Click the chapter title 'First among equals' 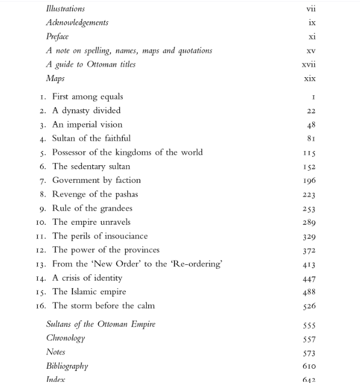(x=88, y=97)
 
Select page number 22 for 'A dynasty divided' (x=311, y=111)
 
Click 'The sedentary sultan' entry (x=91, y=166)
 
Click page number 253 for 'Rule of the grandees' (x=309, y=209)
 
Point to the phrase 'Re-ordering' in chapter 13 (x=198, y=264)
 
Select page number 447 (x=309, y=278)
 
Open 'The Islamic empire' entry (x=89, y=292)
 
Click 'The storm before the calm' (x=103, y=306)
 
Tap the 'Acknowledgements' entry (x=77, y=22)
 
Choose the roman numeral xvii (x=309, y=65)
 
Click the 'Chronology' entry (x=66, y=338)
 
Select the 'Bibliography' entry (x=67, y=366)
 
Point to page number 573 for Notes (x=309, y=353)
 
